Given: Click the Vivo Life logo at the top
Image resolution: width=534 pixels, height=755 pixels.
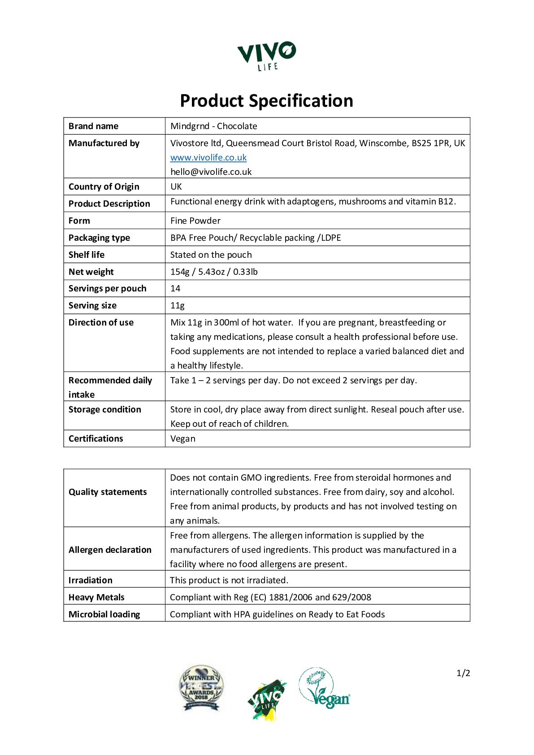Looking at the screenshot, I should click(267, 56).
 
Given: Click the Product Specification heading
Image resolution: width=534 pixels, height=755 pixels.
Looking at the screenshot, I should click(266, 101).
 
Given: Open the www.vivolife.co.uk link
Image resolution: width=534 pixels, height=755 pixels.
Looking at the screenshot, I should click(208, 157).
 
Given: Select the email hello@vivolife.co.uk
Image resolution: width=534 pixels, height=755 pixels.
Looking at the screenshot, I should click(211, 172).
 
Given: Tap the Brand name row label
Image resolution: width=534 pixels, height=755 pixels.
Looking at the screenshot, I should click(93, 126).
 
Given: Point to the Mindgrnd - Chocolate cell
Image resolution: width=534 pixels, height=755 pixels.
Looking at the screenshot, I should click(214, 126).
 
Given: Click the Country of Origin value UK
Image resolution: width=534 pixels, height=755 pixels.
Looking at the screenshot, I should click(176, 187).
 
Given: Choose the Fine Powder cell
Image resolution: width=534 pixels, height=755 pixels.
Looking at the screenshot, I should click(195, 221).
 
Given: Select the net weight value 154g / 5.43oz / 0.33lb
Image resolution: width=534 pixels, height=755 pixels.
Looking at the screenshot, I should click(214, 272).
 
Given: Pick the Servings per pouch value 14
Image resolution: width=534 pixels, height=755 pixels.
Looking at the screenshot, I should click(175, 288).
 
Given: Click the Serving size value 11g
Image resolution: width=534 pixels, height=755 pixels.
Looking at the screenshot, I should click(178, 305).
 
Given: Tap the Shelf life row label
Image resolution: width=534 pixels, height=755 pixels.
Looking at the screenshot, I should click(87, 255).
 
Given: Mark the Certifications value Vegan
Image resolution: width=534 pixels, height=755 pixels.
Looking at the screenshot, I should click(183, 438).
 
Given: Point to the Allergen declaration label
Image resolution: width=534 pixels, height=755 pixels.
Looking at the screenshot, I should click(110, 550).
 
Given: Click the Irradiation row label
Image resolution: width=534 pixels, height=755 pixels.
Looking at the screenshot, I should click(91, 580).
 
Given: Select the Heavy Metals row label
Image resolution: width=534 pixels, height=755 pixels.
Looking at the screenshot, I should click(96, 597).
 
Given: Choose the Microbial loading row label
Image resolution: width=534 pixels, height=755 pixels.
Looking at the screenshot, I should click(104, 614).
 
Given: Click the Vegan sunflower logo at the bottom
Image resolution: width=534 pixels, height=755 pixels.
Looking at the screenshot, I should click(324, 688).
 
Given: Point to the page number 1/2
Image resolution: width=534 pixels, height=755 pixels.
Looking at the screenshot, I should click(463, 673).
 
